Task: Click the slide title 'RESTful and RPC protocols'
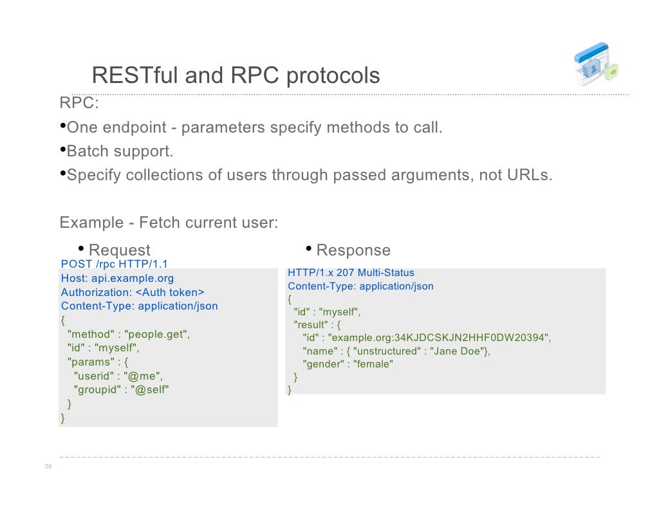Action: (x=236, y=76)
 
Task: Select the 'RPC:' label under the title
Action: (x=79, y=103)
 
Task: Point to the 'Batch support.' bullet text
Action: (x=120, y=151)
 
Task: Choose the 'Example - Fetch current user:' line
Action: (x=169, y=223)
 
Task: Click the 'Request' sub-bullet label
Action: (x=119, y=250)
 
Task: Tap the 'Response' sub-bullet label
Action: (x=353, y=250)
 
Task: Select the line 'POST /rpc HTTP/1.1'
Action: (x=115, y=264)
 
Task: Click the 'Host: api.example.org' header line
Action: (x=117, y=278)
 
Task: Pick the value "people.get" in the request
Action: (x=158, y=334)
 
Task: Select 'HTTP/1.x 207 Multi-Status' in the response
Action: (x=351, y=273)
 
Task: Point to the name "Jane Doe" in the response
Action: (x=458, y=351)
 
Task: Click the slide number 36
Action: (x=48, y=467)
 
